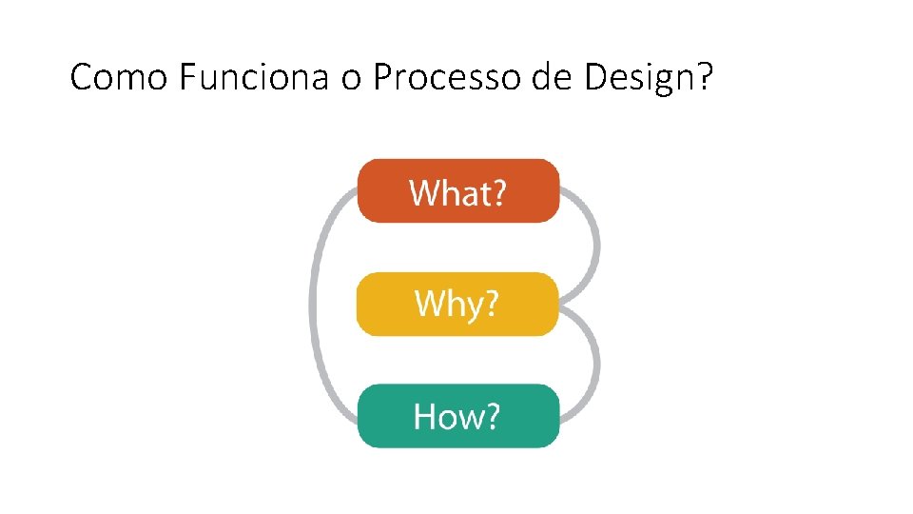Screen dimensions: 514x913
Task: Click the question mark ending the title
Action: pyautogui.click(x=705, y=77)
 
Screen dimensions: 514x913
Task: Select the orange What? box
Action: pyautogui.click(x=457, y=191)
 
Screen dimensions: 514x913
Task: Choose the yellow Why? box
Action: pyautogui.click(x=457, y=304)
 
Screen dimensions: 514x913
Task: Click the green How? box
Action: pyautogui.click(x=457, y=416)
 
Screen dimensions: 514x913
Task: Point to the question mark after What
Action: pyautogui.click(x=496, y=193)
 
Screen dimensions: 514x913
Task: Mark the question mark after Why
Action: pyautogui.click(x=490, y=305)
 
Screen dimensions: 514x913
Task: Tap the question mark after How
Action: pyautogui.click(x=490, y=417)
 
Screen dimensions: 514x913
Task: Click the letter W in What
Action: pyautogui.click(x=424, y=193)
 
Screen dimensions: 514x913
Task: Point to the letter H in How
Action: pyautogui.click(x=424, y=417)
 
